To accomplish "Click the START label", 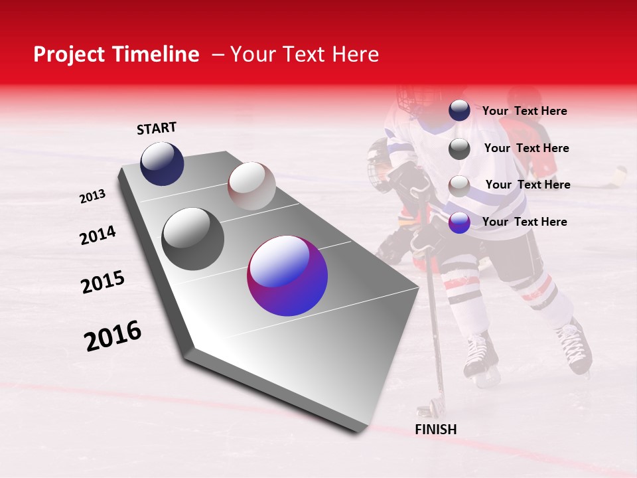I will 157,128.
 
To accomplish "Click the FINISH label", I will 435,430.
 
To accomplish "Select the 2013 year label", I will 92,197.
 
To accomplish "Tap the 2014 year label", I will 98,236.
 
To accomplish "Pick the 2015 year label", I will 103,282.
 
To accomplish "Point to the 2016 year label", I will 113,336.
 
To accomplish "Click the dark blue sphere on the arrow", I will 162,163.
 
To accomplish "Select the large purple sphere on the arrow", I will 287,276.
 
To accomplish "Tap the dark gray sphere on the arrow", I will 193,239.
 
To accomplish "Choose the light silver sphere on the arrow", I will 251,186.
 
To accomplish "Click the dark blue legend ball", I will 459,111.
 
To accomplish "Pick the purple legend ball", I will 459,222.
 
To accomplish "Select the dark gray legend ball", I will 459,149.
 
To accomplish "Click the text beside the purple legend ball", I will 524,222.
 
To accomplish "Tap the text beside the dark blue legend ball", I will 524,111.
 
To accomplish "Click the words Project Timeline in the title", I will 116,54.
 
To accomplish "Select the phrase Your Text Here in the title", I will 305,54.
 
